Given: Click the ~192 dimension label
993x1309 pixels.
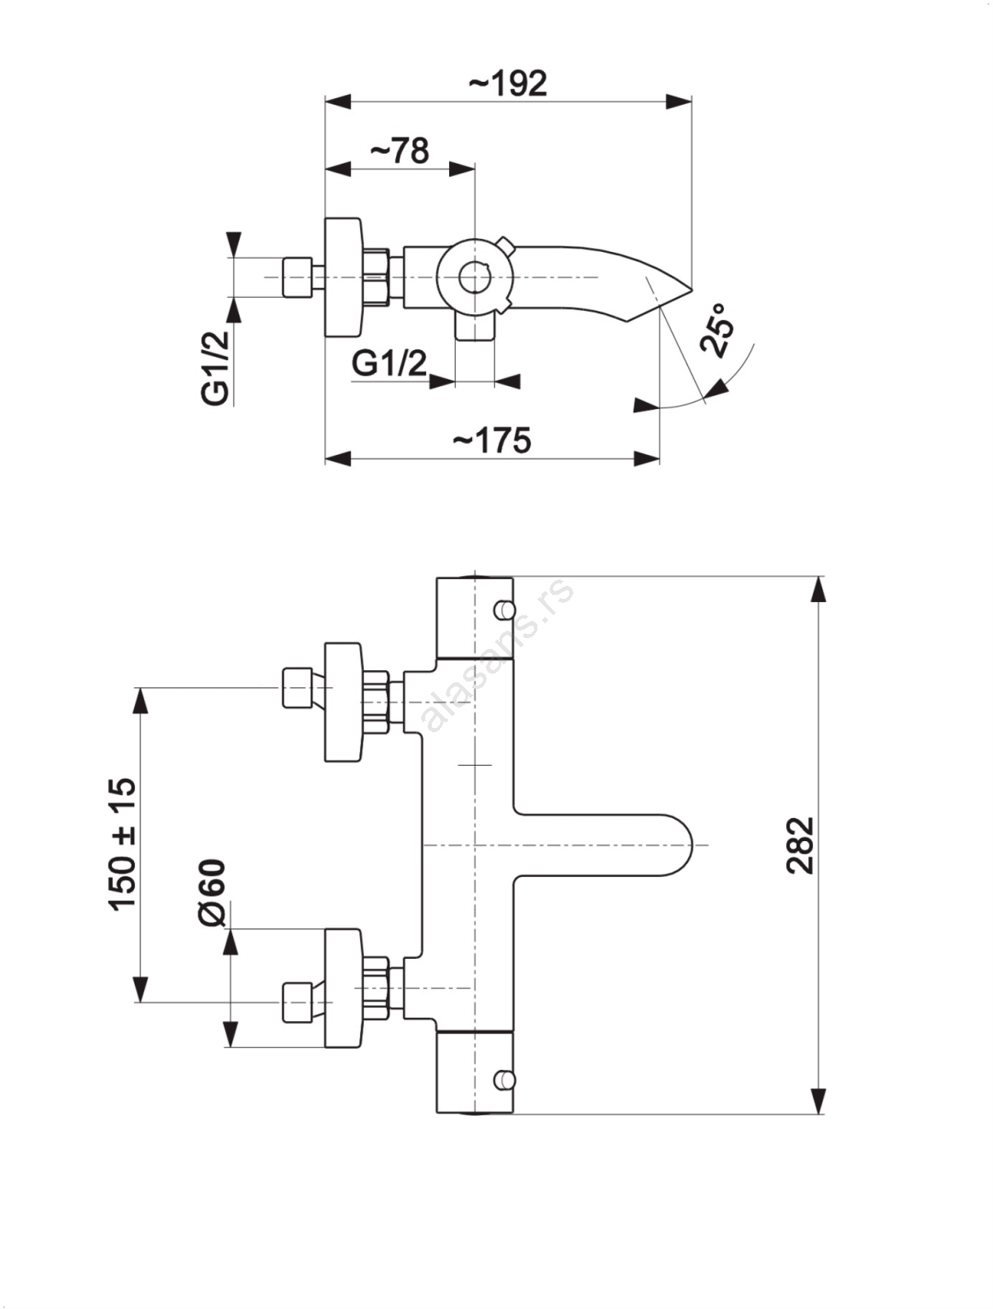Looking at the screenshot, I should (508, 83).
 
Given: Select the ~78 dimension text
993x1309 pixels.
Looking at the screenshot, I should (399, 151).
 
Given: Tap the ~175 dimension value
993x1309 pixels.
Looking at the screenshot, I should (492, 440).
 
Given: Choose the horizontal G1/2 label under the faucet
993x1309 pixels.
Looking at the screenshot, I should (389, 362).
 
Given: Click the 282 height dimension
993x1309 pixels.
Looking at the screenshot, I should (801, 845).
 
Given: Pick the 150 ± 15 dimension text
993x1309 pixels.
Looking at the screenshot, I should (122, 844).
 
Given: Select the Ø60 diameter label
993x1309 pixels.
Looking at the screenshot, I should (212, 893).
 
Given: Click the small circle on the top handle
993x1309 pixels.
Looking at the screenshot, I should (505, 610).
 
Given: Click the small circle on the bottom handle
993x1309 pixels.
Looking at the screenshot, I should (505, 1080).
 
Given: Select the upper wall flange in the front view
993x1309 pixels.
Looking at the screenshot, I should (343, 702).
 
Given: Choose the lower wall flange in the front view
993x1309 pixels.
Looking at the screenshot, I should (343, 987).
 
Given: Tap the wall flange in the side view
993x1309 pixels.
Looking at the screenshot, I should (343, 277).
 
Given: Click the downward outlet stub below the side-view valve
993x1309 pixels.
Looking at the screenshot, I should (474, 328).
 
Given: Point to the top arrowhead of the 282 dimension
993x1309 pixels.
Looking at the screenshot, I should (818, 590).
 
